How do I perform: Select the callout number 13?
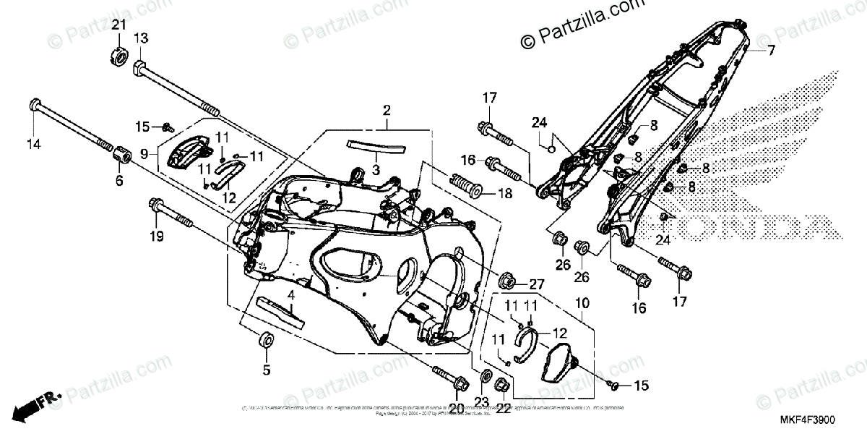coord(140,38)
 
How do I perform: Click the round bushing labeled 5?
coord(266,340)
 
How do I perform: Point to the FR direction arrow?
coord(36,405)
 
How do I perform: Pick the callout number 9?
coord(144,153)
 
